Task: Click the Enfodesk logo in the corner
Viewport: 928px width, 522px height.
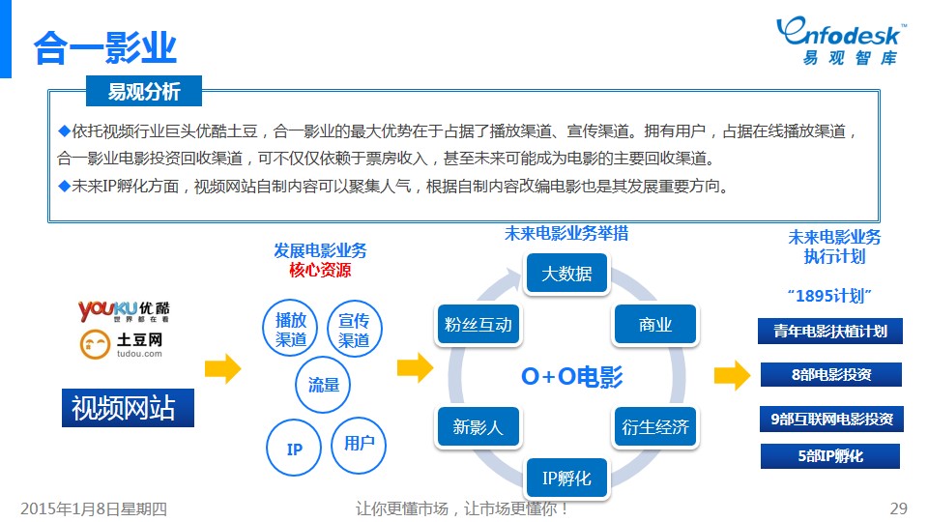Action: pos(840,41)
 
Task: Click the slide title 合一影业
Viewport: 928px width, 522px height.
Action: pos(105,47)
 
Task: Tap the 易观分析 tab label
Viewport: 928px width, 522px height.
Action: pos(144,91)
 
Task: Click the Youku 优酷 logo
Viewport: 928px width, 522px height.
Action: pos(124,310)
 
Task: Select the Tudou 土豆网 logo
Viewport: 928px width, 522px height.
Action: pos(122,344)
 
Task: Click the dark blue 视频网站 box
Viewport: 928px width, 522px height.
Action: pos(128,408)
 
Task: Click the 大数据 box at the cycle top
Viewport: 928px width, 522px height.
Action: pos(567,274)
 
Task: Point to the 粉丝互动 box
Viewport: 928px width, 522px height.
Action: pos(478,325)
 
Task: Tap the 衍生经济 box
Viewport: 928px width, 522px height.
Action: pos(655,426)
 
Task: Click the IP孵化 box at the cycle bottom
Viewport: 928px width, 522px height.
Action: pos(567,478)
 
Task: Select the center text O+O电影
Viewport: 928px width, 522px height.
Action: pos(571,376)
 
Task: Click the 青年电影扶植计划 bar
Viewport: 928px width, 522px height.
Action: pos(830,332)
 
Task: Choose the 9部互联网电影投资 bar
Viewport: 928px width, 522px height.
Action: pos(831,419)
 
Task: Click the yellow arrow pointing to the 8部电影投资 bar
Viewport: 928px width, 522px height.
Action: pos(732,375)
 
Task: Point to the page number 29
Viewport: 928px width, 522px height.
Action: pos(898,508)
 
